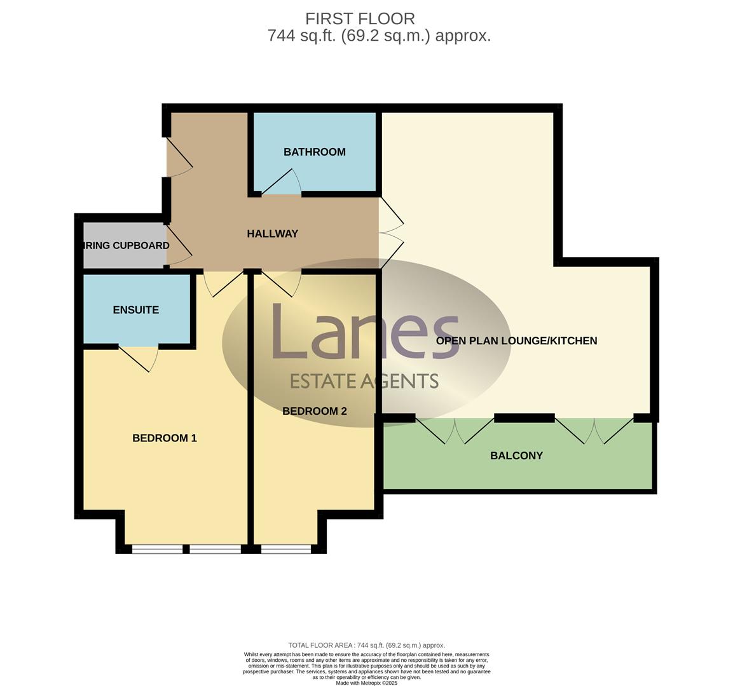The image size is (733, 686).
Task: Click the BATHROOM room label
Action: click(314, 152)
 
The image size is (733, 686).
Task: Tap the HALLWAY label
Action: click(272, 234)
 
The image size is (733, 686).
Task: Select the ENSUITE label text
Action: click(135, 310)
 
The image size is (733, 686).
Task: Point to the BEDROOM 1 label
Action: click(164, 438)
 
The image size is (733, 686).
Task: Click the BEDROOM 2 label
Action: click(314, 412)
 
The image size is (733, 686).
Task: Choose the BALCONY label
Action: click(516, 456)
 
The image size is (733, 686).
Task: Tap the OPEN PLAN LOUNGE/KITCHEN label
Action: click(516, 341)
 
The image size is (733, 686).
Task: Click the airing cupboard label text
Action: click(126, 246)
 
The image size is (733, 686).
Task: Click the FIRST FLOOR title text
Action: click(360, 18)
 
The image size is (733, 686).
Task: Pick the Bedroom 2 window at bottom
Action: click(286, 549)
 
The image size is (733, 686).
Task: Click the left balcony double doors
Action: click(455, 431)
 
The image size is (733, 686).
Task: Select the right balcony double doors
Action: click(594, 431)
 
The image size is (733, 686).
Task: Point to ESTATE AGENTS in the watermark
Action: click(364, 381)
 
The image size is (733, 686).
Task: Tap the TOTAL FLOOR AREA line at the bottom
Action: click(366, 645)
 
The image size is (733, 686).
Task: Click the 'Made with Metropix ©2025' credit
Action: click(366, 683)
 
